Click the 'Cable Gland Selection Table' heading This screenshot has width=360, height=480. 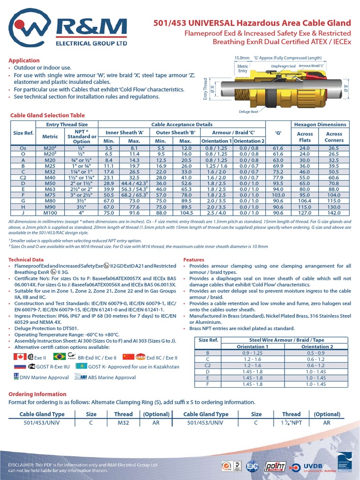coord(48,115)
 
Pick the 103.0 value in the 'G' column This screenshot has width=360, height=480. coord(278,194)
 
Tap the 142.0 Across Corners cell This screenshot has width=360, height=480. coord(334,212)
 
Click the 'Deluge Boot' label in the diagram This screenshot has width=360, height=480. coord(248,112)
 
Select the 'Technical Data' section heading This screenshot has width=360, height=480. coord(26,259)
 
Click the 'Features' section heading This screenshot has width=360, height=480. coord(194,259)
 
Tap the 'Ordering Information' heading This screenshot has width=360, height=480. coord(37,394)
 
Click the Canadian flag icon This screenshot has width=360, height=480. coord(20,357)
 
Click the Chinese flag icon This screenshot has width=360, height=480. coord(127,357)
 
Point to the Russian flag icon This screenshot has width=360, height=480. coord(20,367)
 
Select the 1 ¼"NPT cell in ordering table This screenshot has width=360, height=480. coord(291,423)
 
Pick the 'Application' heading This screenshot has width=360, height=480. coord(24,60)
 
